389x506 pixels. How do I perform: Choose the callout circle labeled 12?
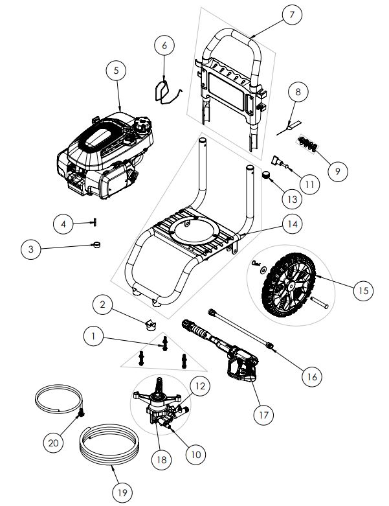point(199,386)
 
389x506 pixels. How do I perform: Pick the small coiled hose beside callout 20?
point(59,400)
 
